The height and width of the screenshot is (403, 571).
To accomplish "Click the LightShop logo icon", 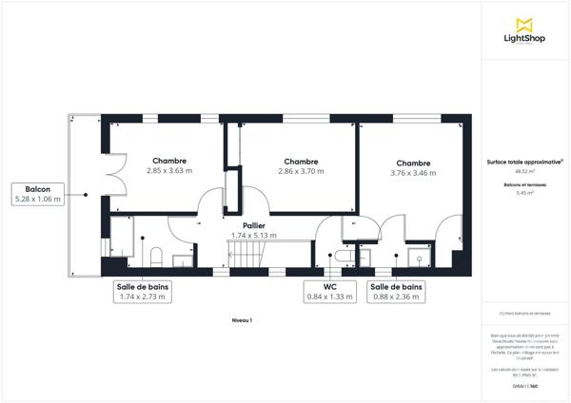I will click(522, 25).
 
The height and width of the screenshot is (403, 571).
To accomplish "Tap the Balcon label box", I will click(37, 194).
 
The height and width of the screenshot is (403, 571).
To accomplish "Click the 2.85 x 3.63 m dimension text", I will click(169, 171).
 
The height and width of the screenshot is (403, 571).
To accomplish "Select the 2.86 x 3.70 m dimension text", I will click(301, 171).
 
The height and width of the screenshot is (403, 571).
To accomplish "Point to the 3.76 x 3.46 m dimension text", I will click(413, 173).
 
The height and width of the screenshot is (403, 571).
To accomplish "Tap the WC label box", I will click(329, 292).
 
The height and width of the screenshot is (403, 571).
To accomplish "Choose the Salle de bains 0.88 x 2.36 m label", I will click(397, 292).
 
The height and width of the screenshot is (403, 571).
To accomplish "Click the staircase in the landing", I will click(246, 254).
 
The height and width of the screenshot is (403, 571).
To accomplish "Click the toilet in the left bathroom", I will click(155, 255).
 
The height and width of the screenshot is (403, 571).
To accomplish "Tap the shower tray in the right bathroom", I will click(416, 256).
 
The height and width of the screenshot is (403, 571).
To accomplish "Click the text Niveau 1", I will click(243, 321).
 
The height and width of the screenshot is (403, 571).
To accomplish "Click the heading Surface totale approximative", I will click(524, 162).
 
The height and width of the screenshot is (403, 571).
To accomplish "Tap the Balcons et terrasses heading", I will click(524, 183).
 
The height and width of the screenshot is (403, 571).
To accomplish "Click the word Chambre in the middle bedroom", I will click(301, 162).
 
